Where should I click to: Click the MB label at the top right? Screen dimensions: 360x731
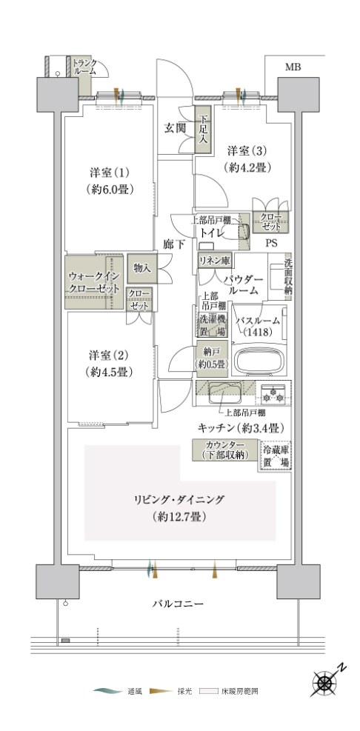(293, 67)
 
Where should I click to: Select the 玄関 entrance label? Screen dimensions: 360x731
(173, 127)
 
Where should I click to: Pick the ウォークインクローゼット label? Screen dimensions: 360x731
(94, 281)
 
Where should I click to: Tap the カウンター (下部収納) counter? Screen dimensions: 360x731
(226, 450)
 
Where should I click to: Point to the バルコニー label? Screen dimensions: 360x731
(178, 604)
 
